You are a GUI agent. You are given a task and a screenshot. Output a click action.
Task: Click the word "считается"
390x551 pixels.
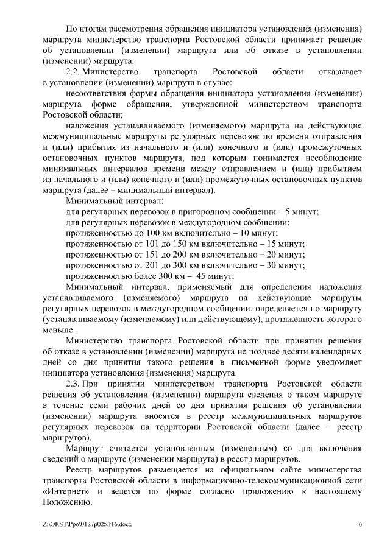pyautogui.click(x=128, y=449)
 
